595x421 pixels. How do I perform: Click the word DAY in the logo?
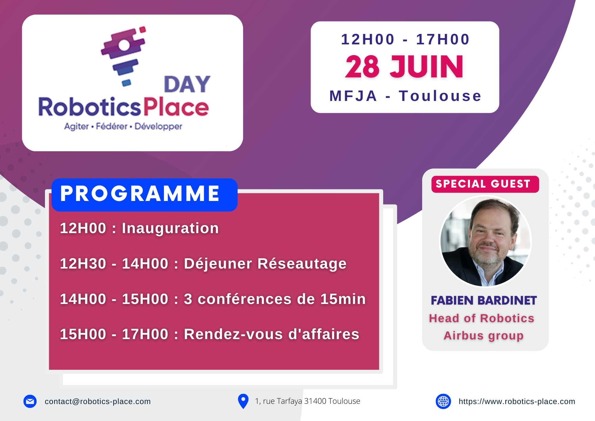click(x=187, y=84)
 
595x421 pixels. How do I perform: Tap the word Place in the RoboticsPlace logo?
click(x=176, y=107)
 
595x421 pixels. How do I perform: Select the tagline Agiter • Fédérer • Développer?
click(x=123, y=126)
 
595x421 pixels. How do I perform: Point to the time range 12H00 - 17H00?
click(x=405, y=40)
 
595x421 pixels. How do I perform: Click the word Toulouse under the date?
click(x=440, y=96)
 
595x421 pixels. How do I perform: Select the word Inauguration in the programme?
click(x=170, y=228)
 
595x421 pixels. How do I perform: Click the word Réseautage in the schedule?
click(x=302, y=264)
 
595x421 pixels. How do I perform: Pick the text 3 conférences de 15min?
click(x=275, y=299)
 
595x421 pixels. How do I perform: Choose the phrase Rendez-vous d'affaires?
click(x=272, y=334)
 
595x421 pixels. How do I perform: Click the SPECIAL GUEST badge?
click(x=485, y=184)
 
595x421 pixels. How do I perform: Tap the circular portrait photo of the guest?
click(x=486, y=241)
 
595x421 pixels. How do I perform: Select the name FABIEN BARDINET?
click(x=484, y=300)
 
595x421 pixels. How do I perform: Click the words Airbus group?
click(x=484, y=336)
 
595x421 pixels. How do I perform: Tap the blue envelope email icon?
click(x=30, y=401)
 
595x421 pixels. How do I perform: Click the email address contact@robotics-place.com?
click(x=98, y=401)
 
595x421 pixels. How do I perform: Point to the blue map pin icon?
click(x=243, y=401)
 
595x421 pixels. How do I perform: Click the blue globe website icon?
click(x=443, y=401)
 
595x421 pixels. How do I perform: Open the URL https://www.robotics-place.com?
click(x=517, y=401)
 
